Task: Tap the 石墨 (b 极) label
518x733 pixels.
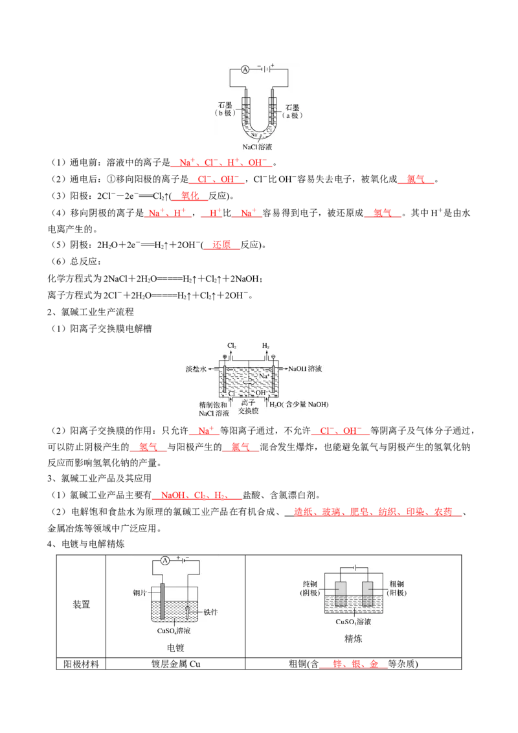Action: (227, 107)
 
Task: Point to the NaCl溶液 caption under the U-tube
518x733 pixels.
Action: (257, 147)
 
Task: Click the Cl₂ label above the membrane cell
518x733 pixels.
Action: (232, 346)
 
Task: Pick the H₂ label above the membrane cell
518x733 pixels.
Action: (265, 346)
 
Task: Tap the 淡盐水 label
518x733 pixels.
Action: (195, 368)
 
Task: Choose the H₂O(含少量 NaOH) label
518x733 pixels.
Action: (300, 405)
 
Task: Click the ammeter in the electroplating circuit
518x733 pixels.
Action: (165, 560)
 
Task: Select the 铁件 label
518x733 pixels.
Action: (212, 611)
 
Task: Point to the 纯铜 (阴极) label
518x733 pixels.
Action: (314, 587)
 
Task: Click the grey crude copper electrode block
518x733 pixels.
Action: (368, 593)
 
